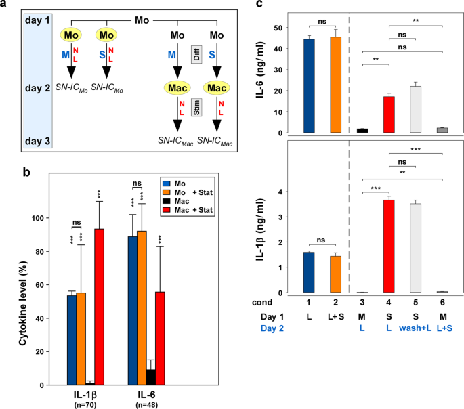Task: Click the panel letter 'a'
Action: [5, 5]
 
